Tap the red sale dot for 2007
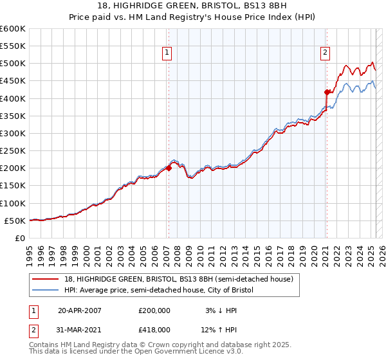pos(169,168)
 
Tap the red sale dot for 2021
pos(327,92)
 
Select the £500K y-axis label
pos(14,64)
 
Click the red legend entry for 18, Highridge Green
pos(178,279)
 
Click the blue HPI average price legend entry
pos(160,291)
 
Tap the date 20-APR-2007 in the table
pos(80,310)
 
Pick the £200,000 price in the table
pos(154,310)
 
